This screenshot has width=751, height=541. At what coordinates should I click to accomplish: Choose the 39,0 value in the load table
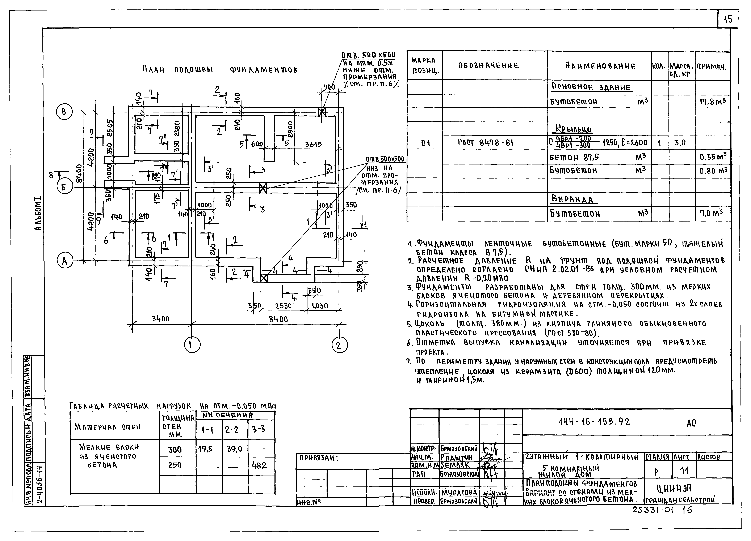pyautogui.click(x=234, y=449)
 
